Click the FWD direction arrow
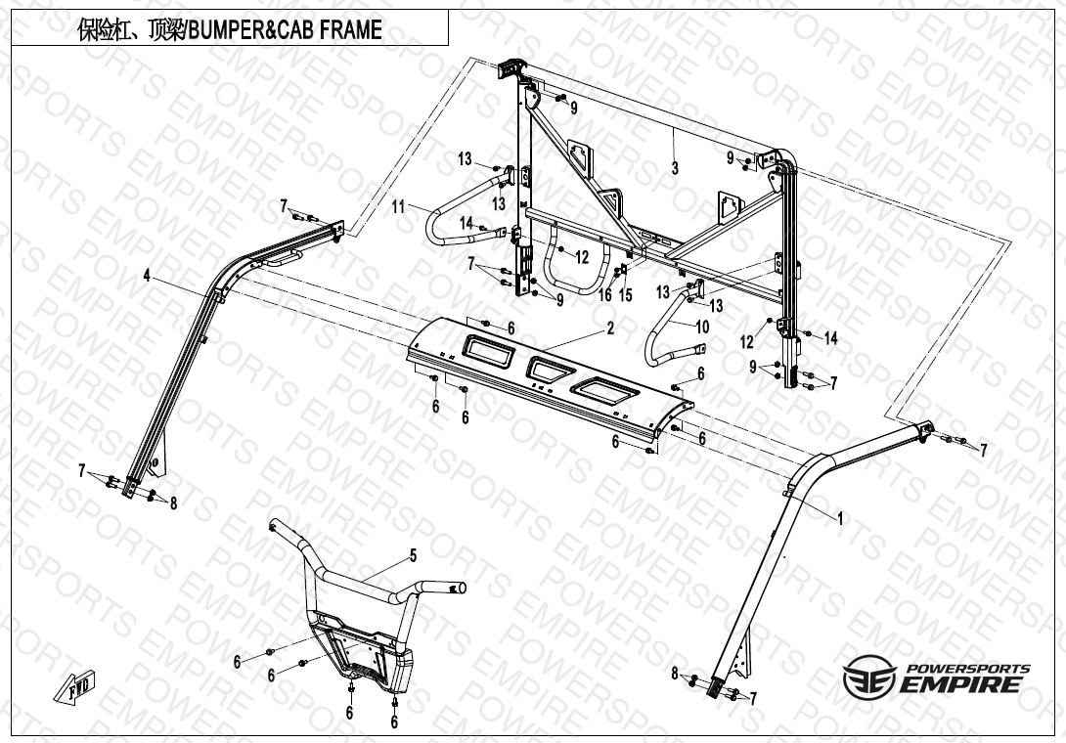click(x=74, y=686)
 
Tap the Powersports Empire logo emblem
click(x=869, y=677)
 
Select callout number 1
click(x=840, y=519)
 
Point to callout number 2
click(x=610, y=328)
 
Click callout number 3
click(x=675, y=168)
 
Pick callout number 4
click(x=147, y=276)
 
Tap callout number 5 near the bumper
click(x=413, y=556)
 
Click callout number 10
click(x=702, y=327)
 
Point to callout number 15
click(x=626, y=294)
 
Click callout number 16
click(x=605, y=294)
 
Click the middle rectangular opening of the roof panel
click(x=553, y=370)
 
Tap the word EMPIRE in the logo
click(x=960, y=683)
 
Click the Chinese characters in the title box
click(x=129, y=30)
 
